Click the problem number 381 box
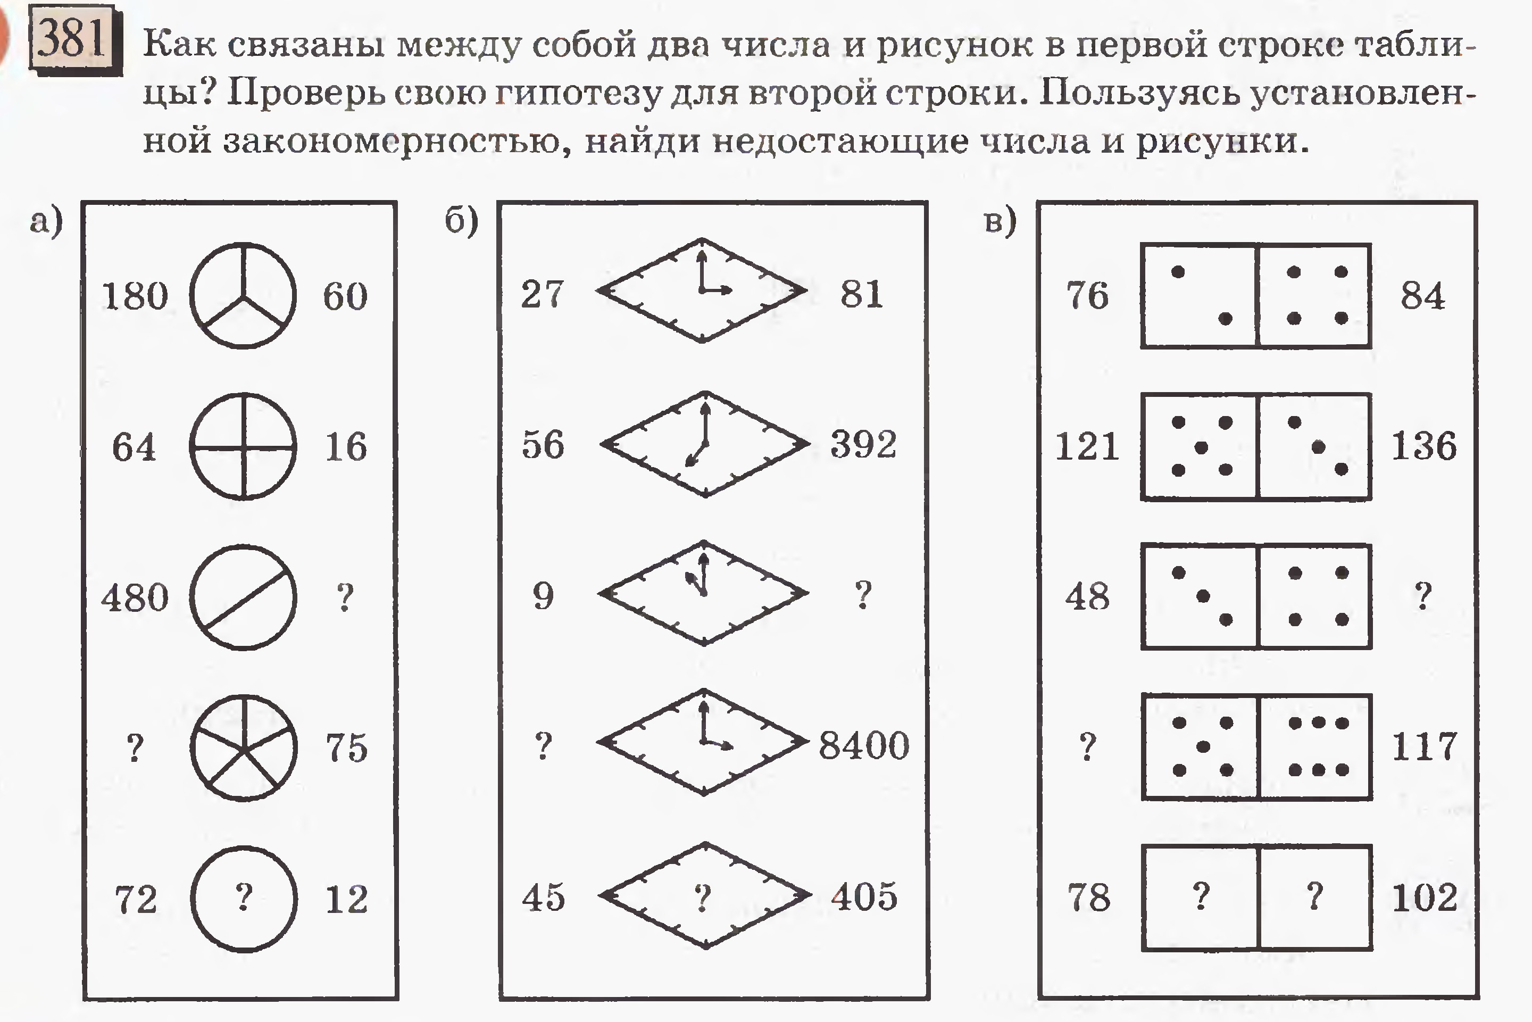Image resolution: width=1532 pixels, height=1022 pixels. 75,39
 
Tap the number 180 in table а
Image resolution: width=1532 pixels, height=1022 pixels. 135,296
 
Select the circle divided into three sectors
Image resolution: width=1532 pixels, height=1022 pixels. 243,296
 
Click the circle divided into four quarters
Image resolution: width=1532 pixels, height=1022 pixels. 243,446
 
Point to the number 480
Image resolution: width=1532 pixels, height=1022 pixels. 135,597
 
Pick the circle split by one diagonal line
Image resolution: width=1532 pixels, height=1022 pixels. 243,597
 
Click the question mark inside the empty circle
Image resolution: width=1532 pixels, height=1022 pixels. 244,897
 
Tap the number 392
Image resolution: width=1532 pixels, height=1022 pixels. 863,445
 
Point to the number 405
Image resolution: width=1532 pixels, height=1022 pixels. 864,896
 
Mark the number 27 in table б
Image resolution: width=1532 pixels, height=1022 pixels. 542,294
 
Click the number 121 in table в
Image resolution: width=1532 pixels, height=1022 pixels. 1087,446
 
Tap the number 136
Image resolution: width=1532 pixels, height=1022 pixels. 1424,446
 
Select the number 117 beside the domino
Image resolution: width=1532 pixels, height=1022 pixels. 1424,746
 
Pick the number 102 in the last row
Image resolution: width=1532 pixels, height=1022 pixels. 1425,898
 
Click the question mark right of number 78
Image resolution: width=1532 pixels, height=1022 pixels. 1201,896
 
